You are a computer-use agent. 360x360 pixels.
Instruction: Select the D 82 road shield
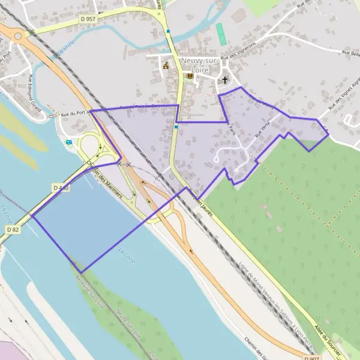(13, 229)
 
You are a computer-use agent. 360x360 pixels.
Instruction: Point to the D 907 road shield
(311, 358)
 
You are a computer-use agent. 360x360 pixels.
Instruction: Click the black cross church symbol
(226, 80)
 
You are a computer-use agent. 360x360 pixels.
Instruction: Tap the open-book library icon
(190, 77)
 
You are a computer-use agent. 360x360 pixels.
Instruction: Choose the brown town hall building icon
(166, 66)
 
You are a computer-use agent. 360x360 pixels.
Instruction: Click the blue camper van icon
(69, 142)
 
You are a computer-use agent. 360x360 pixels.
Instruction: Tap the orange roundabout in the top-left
(17, 37)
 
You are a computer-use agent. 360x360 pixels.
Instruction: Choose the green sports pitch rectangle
(222, 34)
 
